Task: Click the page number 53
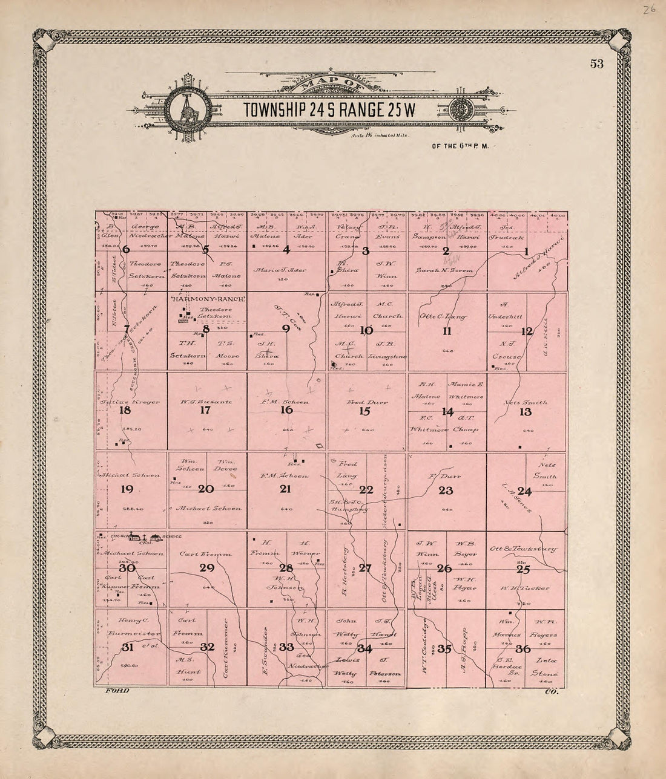[596, 65]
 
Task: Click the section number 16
[286, 410]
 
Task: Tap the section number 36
[524, 649]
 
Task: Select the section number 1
[526, 252]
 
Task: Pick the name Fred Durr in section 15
[368, 402]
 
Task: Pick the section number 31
[128, 647]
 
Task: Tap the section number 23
[446, 491]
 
